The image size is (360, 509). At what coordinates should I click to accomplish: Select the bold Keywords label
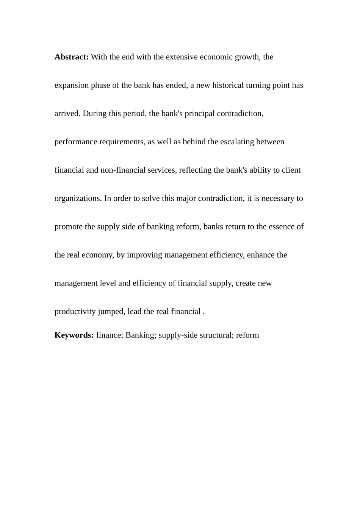point(74,335)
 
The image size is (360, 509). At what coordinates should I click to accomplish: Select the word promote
point(68,227)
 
